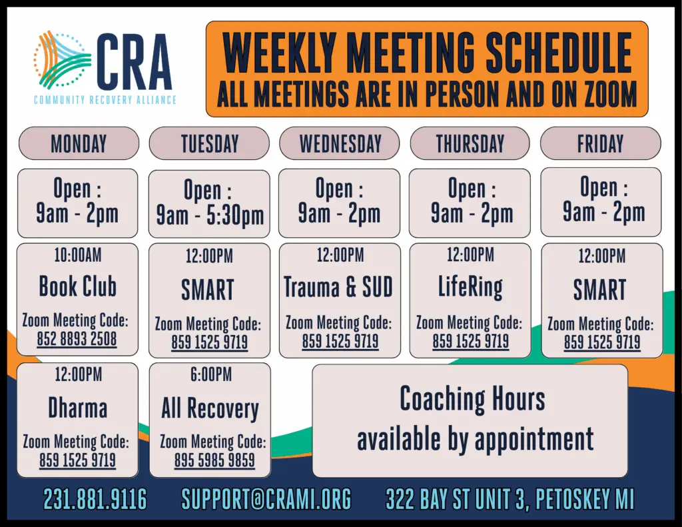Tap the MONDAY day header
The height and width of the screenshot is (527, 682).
pos(79,144)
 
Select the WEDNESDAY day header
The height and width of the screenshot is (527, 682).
pos(340,144)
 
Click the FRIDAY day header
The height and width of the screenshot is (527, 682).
pos(600,144)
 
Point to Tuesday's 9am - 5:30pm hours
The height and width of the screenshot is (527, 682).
pos(210,216)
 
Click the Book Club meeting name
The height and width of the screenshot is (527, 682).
pos(78,286)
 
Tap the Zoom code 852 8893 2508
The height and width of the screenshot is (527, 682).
pos(77,339)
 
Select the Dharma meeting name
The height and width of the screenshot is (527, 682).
pos(78,408)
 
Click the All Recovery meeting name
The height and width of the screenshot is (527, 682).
pos(210,408)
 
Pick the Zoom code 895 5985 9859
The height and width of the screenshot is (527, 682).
pos(214,460)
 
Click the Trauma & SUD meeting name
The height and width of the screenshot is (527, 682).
pos(338,286)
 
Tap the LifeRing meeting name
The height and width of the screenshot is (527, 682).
pos(470,287)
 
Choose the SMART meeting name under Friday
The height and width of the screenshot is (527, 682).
pos(600,290)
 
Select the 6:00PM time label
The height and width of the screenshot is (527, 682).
pos(211,374)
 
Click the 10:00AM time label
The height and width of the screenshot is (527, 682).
pos(78,255)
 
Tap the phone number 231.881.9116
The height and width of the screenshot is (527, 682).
pos(95,499)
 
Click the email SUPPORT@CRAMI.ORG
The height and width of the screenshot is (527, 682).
pos(266,499)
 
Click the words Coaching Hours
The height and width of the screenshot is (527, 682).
pos(472,398)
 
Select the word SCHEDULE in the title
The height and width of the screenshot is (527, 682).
pos(558,53)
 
